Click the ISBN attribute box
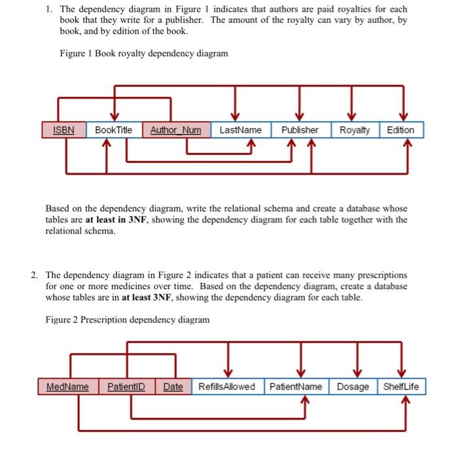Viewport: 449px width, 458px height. (63, 130)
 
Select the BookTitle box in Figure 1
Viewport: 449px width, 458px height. (113, 130)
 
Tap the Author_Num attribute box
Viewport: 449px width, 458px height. (176, 130)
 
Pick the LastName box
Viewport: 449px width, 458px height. (240, 130)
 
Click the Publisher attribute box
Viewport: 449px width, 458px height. (300, 130)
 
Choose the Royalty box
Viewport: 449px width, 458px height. (355, 130)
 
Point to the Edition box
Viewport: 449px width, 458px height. (401, 130)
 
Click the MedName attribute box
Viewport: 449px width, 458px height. (67, 387)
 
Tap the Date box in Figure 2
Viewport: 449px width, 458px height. (173, 387)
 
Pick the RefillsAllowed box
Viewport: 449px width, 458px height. (226, 387)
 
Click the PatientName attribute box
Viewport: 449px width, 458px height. (296, 387)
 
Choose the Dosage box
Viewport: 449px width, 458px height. (353, 387)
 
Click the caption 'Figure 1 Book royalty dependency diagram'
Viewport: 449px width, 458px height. (143, 53)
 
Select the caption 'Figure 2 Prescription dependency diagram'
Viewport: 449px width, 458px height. (128, 320)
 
